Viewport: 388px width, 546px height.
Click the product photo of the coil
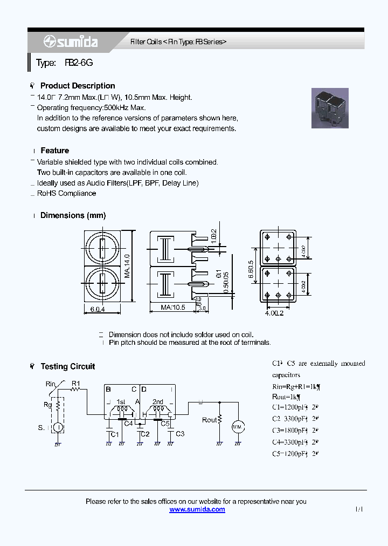coord(330,108)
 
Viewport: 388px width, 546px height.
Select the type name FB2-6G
coord(79,63)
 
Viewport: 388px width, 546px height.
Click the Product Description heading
coord(78,86)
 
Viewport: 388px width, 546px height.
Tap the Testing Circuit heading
coord(67,366)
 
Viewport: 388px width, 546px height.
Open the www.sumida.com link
coord(197,509)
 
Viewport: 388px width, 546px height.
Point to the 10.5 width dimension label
coord(174,308)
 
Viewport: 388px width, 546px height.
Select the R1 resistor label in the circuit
coord(76,384)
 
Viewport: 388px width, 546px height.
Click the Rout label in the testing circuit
coord(209,420)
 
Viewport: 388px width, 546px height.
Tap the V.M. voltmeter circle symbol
coord(238,427)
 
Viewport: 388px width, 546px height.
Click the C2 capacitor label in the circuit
coord(145,434)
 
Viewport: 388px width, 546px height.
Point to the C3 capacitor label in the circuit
coord(180,434)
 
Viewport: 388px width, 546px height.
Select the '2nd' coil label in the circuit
coord(158,402)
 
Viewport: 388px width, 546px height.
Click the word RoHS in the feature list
coord(46,193)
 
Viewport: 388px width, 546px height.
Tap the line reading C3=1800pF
coord(295,430)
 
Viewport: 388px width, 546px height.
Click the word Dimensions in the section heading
coord(62,215)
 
